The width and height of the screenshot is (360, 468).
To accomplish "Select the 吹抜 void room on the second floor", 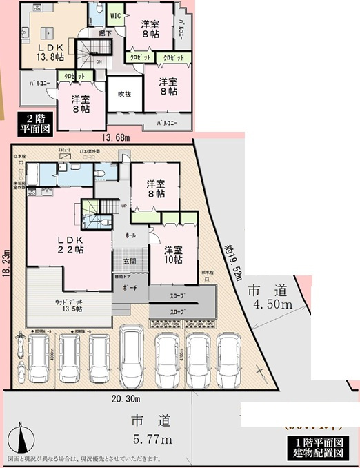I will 124,94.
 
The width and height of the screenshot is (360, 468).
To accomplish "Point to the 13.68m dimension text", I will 117,138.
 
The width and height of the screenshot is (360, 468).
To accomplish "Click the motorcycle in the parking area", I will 20,353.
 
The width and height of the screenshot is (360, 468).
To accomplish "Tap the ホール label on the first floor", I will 130,235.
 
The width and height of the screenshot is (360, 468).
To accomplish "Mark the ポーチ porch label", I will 128,286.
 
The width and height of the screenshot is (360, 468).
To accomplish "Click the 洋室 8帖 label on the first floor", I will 155,189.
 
